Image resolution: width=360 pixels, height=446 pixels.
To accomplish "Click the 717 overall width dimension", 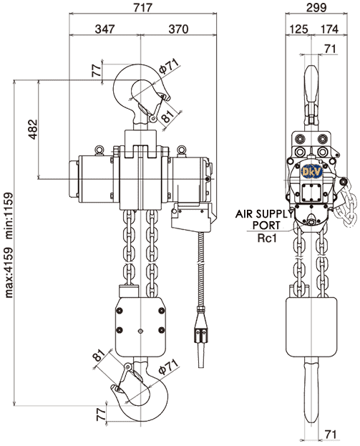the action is [x=143, y=7].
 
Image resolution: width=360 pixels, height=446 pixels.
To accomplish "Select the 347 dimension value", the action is [x=104, y=29].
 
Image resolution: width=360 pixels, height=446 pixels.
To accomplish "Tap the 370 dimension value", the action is [x=178, y=29].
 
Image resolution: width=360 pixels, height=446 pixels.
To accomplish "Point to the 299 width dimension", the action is [x=316, y=7].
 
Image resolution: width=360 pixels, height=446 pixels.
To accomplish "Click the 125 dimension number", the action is [x=298, y=29].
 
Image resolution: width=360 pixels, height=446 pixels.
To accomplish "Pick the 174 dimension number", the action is [x=329, y=29].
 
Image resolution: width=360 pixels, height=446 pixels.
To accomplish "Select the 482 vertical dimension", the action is [x=33, y=130].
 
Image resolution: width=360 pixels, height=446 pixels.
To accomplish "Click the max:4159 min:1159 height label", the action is [x=9, y=245].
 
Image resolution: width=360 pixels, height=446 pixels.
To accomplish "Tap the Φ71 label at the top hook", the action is [x=169, y=66].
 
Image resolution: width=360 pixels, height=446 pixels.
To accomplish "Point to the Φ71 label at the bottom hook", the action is [x=168, y=367].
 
